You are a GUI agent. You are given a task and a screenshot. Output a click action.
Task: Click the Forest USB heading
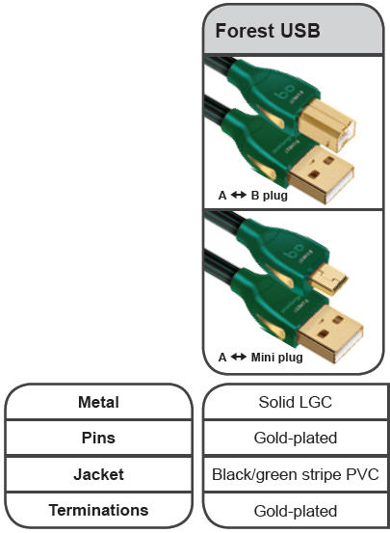click(x=268, y=31)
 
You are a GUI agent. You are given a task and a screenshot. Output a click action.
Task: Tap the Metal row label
click(x=98, y=402)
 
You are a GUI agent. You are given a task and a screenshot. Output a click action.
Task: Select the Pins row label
click(x=98, y=438)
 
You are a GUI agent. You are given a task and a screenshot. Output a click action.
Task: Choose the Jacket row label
click(x=98, y=474)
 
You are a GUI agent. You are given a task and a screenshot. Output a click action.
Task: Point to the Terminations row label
click(x=98, y=510)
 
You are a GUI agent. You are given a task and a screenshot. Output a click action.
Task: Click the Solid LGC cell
click(x=296, y=402)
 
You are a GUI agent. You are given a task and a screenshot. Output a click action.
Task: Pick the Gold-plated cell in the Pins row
click(x=296, y=438)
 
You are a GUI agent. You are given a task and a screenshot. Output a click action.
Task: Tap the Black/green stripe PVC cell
click(x=296, y=474)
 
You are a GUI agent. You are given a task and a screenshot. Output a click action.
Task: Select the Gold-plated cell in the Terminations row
click(x=296, y=511)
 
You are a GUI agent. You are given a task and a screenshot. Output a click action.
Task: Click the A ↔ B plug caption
click(x=252, y=196)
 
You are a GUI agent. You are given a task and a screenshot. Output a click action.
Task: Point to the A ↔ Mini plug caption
click(x=260, y=358)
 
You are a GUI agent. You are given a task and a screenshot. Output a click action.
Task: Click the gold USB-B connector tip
click(x=327, y=125)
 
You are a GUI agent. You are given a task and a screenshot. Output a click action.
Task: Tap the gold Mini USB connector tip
click(x=328, y=280)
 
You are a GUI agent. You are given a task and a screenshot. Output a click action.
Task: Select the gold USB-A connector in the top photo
click(x=321, y=174)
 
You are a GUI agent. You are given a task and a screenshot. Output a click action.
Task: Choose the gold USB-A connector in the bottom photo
click(x=330, y=333)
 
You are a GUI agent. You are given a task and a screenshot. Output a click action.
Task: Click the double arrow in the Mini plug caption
click(x=239, y=357)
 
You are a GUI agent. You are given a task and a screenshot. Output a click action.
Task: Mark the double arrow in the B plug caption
click(x=239, y=195)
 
